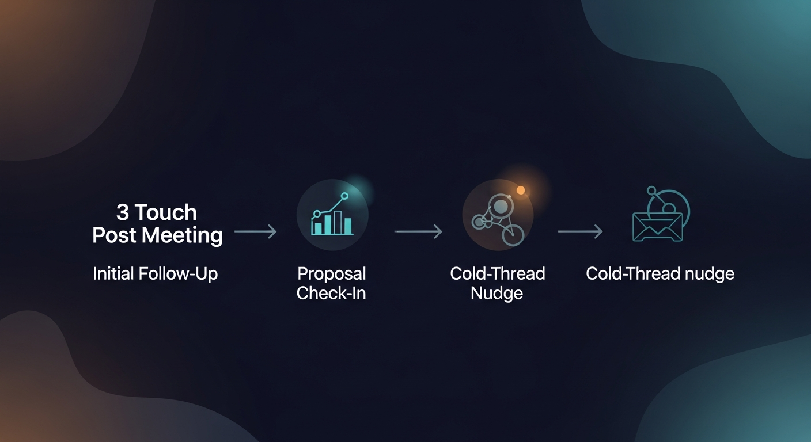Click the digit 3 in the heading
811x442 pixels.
[x=123, y=212]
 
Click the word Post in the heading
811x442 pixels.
[x=115, y=235]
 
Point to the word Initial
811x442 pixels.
[x=113, y=273]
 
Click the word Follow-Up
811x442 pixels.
[x=179, y=273]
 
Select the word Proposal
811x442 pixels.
[x=332, y=273]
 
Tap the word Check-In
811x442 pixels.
[x=331, y=293]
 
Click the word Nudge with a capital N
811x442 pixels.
[x=497, y=293]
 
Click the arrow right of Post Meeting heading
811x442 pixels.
[x=256, y=231]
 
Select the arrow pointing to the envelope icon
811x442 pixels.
[x=581, y=231]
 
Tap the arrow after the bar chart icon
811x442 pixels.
[x=418, y=231]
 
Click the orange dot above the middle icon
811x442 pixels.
[x=521, y=190]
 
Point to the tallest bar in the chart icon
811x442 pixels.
[x=338, y=222]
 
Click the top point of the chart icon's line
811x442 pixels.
[x=344, y=196]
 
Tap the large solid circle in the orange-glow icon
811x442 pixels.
[x=501, y=206]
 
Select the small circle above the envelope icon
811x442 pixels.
[x=651, y=190]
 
